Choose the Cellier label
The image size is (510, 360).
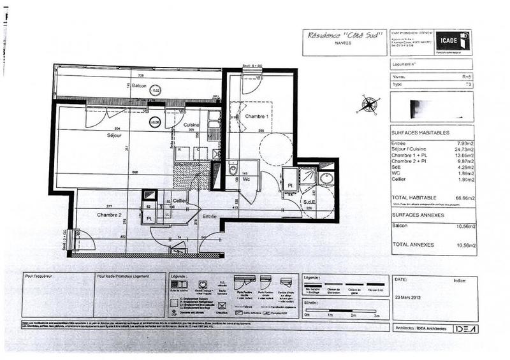[x=180, y=201]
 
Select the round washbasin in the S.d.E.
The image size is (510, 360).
[x=326, y=178]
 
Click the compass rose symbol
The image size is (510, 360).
[x=368, y=104]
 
